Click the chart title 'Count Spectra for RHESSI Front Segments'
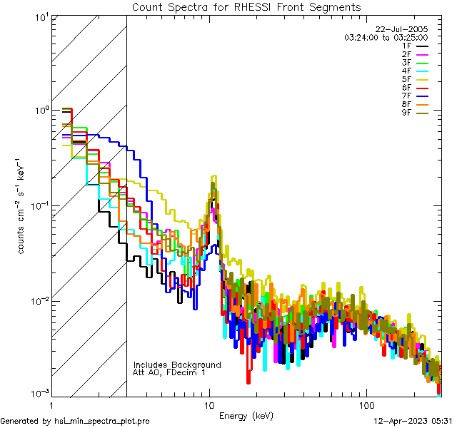click(246, 6)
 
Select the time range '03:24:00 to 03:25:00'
click(386, 37)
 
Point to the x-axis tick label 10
click(209, 404)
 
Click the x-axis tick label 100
click(366, 404)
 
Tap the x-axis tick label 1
click(51, 404)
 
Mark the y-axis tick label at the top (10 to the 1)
click(41, 16)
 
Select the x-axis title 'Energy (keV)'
click(246, 415)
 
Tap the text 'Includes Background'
click(177, 365)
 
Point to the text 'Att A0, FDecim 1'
click(169, 372)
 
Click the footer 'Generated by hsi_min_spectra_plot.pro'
click(75, 421)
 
